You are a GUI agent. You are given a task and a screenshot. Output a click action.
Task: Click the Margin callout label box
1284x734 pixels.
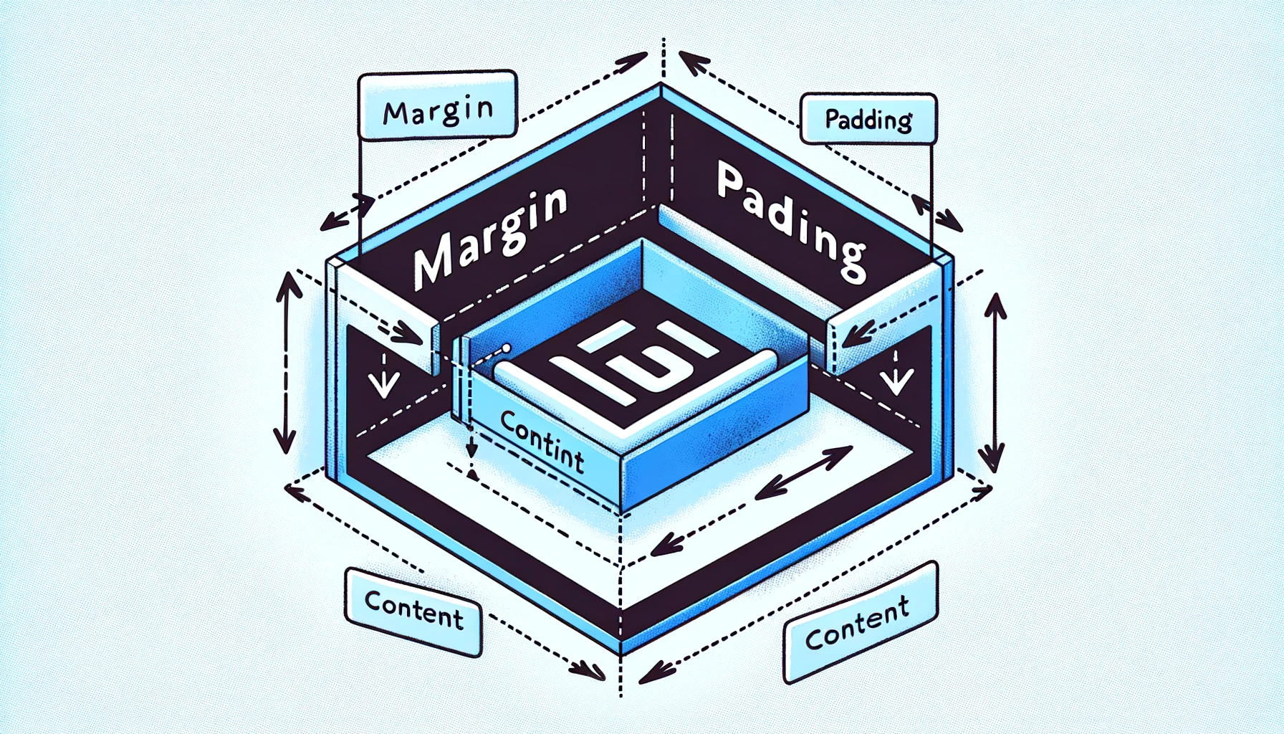tap(437, 105)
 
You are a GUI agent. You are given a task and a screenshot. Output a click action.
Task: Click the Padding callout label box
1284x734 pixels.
tap(868, 119)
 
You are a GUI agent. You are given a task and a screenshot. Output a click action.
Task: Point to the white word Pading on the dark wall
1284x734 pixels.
tap(791, 218)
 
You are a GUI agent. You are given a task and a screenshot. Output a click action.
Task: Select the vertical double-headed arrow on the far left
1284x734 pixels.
tap(285, 363)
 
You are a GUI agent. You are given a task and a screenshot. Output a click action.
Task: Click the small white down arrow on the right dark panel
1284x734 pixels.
tap(896, 380)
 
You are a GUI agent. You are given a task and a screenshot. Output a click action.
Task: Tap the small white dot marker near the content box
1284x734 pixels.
tap(507, 348)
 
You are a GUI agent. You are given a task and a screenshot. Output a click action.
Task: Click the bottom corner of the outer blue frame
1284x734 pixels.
tap(621, 649)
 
